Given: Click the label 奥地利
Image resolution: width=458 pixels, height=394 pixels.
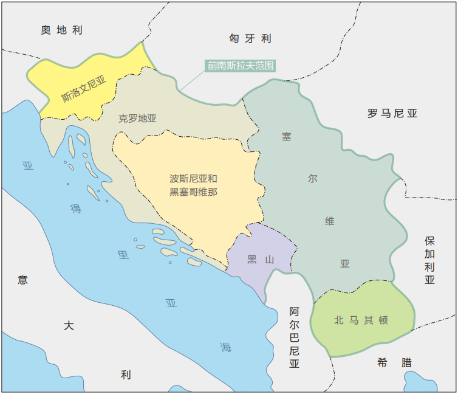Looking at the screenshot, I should (61, 30).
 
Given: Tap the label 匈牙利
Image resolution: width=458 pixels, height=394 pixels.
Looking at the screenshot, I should (250, 38).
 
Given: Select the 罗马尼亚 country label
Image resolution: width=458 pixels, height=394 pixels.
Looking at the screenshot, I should (392, 113).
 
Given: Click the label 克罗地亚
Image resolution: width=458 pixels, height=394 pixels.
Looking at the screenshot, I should (137, 119).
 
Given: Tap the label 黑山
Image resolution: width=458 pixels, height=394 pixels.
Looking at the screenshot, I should (261, 260).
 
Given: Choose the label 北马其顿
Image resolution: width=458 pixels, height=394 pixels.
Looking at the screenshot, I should (361, 320).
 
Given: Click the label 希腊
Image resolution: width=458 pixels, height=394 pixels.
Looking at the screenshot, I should (394, 362).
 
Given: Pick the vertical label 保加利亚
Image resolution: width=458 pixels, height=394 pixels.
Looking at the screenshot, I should (430, 260).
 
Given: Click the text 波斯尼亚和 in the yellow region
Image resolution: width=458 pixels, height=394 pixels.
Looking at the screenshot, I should (193, 179).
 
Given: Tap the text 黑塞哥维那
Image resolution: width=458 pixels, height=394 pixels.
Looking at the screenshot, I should (193, 192).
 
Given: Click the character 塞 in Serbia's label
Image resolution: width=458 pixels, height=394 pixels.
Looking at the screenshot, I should (286, 136).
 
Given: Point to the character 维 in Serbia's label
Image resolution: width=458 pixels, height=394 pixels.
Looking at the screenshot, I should (329, 221).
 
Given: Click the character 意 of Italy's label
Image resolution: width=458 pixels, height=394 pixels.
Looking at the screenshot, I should (22, 280).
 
